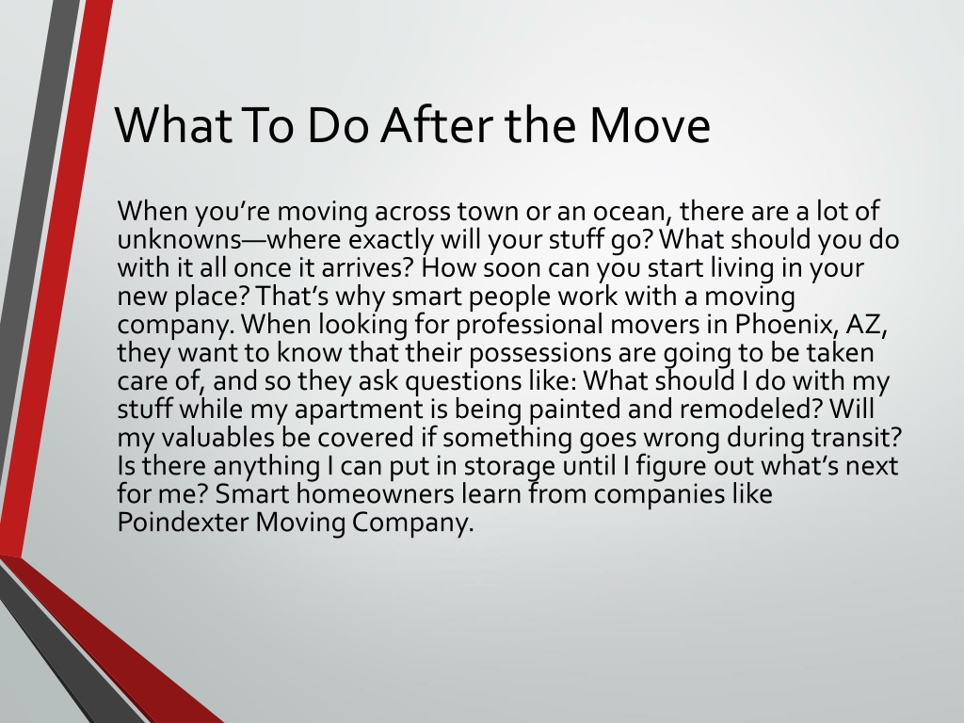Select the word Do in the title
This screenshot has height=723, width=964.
(x=337, y=124)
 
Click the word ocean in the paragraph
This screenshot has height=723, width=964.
(x=630, y=211)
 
